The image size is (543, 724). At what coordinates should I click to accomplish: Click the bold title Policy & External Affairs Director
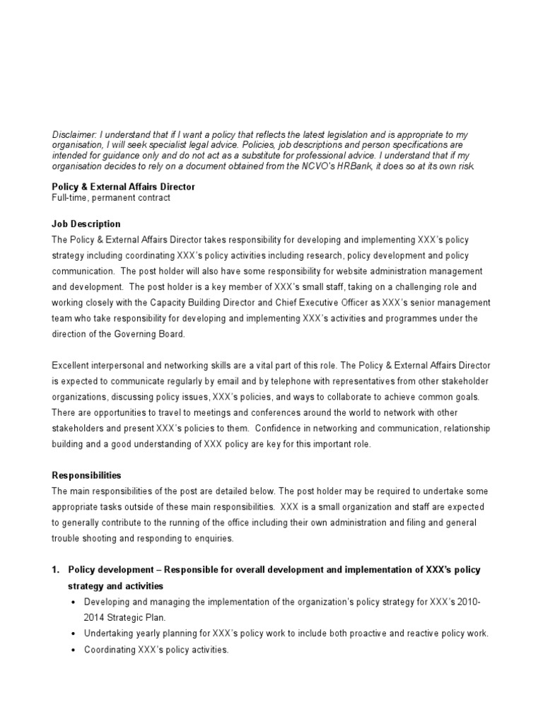click(x=124, y=187)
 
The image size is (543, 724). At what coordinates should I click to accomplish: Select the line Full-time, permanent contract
click(x=111, y=198)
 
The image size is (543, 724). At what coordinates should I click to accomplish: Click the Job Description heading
click(x=86, y=224)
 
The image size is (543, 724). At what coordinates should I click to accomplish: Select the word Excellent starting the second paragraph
click(x=73, y=366)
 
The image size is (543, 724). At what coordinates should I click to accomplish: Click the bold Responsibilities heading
click(x=88, y=476)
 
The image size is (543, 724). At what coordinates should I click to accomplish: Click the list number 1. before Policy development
click(x=57, y=570)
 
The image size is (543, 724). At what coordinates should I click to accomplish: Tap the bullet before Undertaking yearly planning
click(x=75, y=633)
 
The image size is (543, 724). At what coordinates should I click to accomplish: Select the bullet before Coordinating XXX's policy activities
click(x=75, y=650)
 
